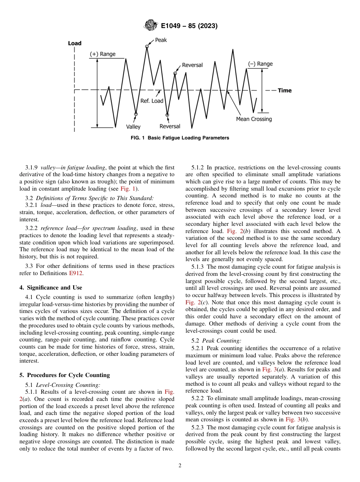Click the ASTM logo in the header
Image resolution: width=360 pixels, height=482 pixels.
tap(150, 26)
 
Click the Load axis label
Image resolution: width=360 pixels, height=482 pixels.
tap(75, 44)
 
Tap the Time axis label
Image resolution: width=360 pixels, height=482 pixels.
tap(285, 91)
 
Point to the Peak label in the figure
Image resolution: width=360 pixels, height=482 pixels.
tap(161, 40)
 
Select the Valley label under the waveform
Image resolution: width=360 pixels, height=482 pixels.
tap(133, 127)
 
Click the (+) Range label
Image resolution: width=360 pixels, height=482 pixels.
tap(102, 54)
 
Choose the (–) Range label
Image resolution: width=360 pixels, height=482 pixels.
tap(260, 64)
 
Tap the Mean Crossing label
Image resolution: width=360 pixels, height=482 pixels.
tap(254, 119)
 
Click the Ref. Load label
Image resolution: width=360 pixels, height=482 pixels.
tap(152, 101)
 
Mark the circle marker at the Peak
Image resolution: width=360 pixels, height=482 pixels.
tap(147, 47)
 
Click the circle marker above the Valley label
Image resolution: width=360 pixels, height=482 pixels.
tap(136, 114)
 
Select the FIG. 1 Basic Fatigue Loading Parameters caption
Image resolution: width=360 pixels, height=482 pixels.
tap(180, 138)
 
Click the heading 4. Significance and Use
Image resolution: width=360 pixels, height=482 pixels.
tap(50, 288)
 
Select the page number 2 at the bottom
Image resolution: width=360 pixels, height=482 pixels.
tap(180, 466)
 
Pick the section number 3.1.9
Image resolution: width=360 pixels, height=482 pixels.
tap(32, 167)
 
